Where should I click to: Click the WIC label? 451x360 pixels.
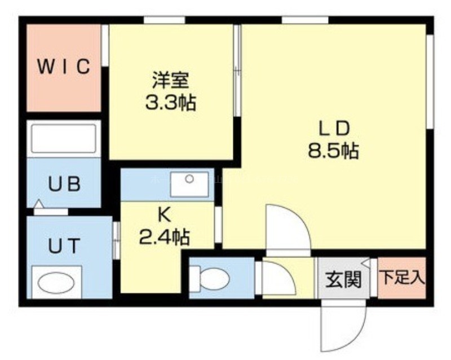coord(64,66)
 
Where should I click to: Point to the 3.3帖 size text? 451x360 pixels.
coord(171,102)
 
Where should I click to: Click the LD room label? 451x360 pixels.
coord(334,128)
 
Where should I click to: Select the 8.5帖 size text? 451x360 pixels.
coord(334,151)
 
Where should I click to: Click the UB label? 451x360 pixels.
coord(64,184)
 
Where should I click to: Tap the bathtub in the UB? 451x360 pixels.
coord(64,138)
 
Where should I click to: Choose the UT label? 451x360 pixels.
coord(64,246)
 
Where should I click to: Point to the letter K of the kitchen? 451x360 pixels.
coord(165,214)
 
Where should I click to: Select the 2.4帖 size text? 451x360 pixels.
coord(165,237)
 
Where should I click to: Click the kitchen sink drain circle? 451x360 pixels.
coord(189,179)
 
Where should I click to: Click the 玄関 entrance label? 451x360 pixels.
coord(343,279)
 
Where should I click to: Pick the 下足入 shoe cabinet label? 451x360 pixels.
coord(402,278)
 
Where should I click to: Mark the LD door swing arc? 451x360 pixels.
coord(299,219)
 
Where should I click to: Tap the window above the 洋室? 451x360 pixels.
coord(164,20)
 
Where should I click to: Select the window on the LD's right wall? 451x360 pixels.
coord(430,82)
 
